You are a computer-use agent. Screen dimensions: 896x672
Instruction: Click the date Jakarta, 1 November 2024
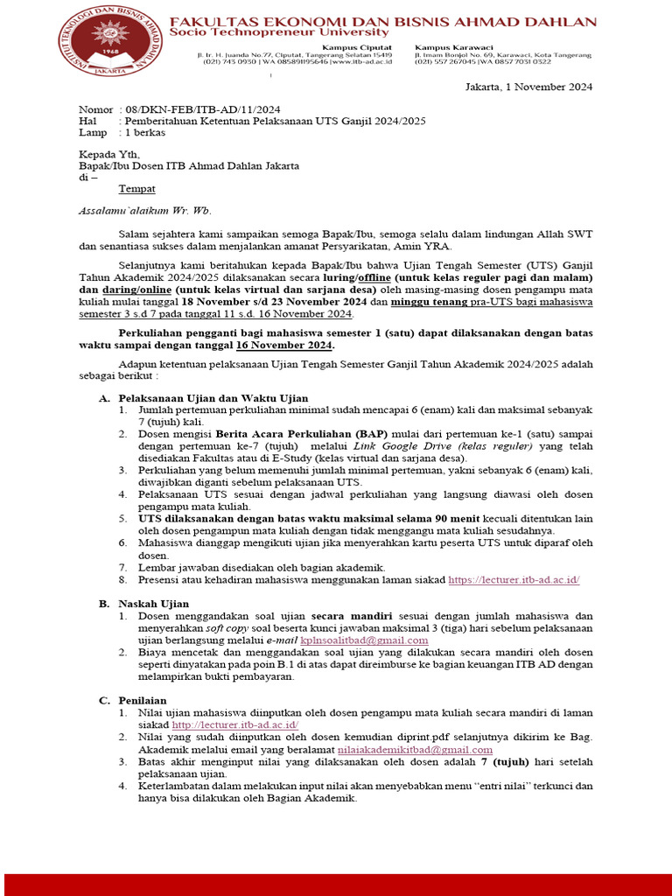click(x=528, y=87)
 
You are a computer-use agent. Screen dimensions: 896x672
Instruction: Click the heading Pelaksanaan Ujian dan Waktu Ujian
click(x=213, y=398)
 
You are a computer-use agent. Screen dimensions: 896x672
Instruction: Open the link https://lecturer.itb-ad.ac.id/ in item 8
click(x=514, y=580)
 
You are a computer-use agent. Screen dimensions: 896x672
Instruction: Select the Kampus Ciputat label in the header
click(x=356, y=46)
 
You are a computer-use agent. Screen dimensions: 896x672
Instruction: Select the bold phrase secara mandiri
click(x=353, y=616)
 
